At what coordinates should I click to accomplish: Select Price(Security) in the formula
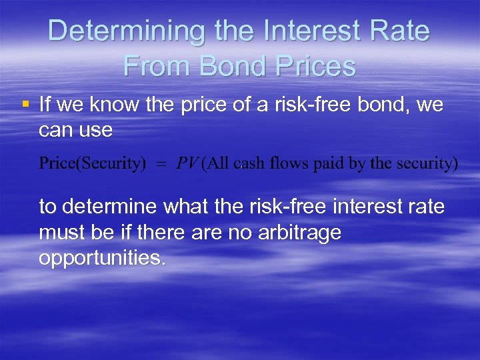pyautogui.click(x=93, y=164)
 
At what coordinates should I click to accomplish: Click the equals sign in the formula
pyautogui.click(x=161, y=165)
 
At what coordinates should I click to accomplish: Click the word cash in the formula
pyautogui.click(x=250, y=164)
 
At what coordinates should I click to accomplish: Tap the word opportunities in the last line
pyautogui.click(x=102, y=258)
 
